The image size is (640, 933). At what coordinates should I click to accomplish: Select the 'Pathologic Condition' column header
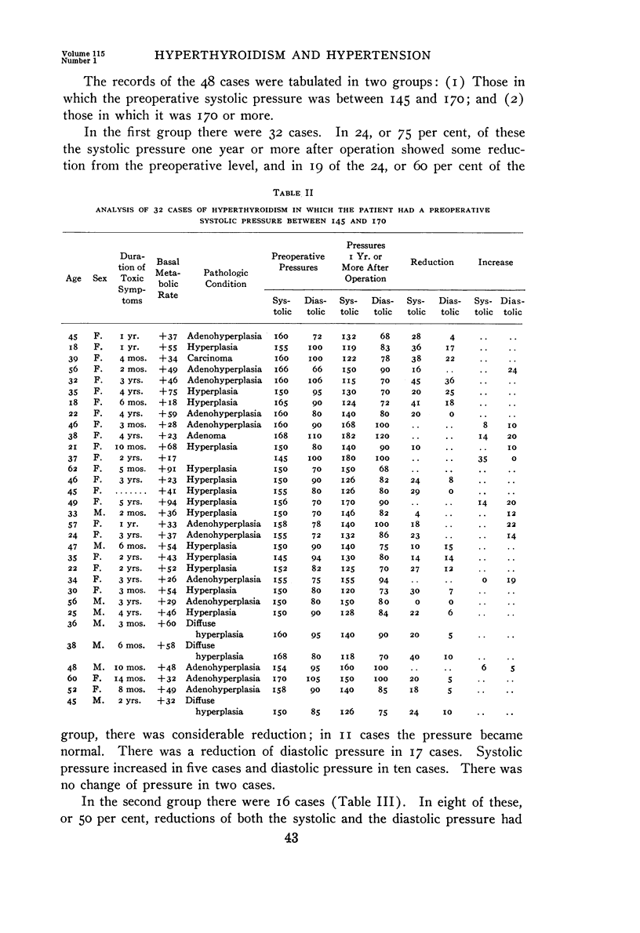pos(226,278)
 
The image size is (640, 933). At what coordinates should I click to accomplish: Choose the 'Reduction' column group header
pos(432,262)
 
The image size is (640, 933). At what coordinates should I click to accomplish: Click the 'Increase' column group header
pos(496,262)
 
